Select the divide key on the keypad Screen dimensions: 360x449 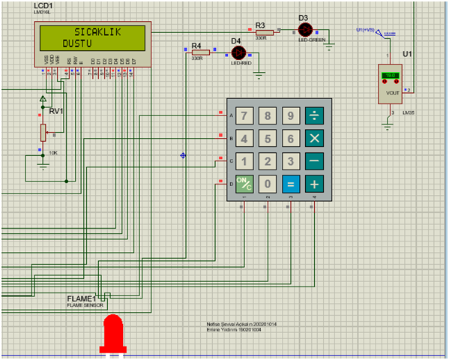[314, 115]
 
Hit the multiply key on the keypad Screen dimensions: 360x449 [314, 139]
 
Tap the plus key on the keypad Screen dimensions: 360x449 [314, 184]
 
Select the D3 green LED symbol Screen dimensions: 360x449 [304, 29]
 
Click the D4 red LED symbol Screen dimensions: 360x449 [238, 52]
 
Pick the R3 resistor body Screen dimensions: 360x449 [261, 31]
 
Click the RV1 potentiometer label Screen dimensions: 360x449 [56, 111]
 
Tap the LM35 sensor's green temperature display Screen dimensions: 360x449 [391, 76]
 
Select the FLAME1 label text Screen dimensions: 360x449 [82, 298]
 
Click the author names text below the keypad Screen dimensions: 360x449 [237, 327]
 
